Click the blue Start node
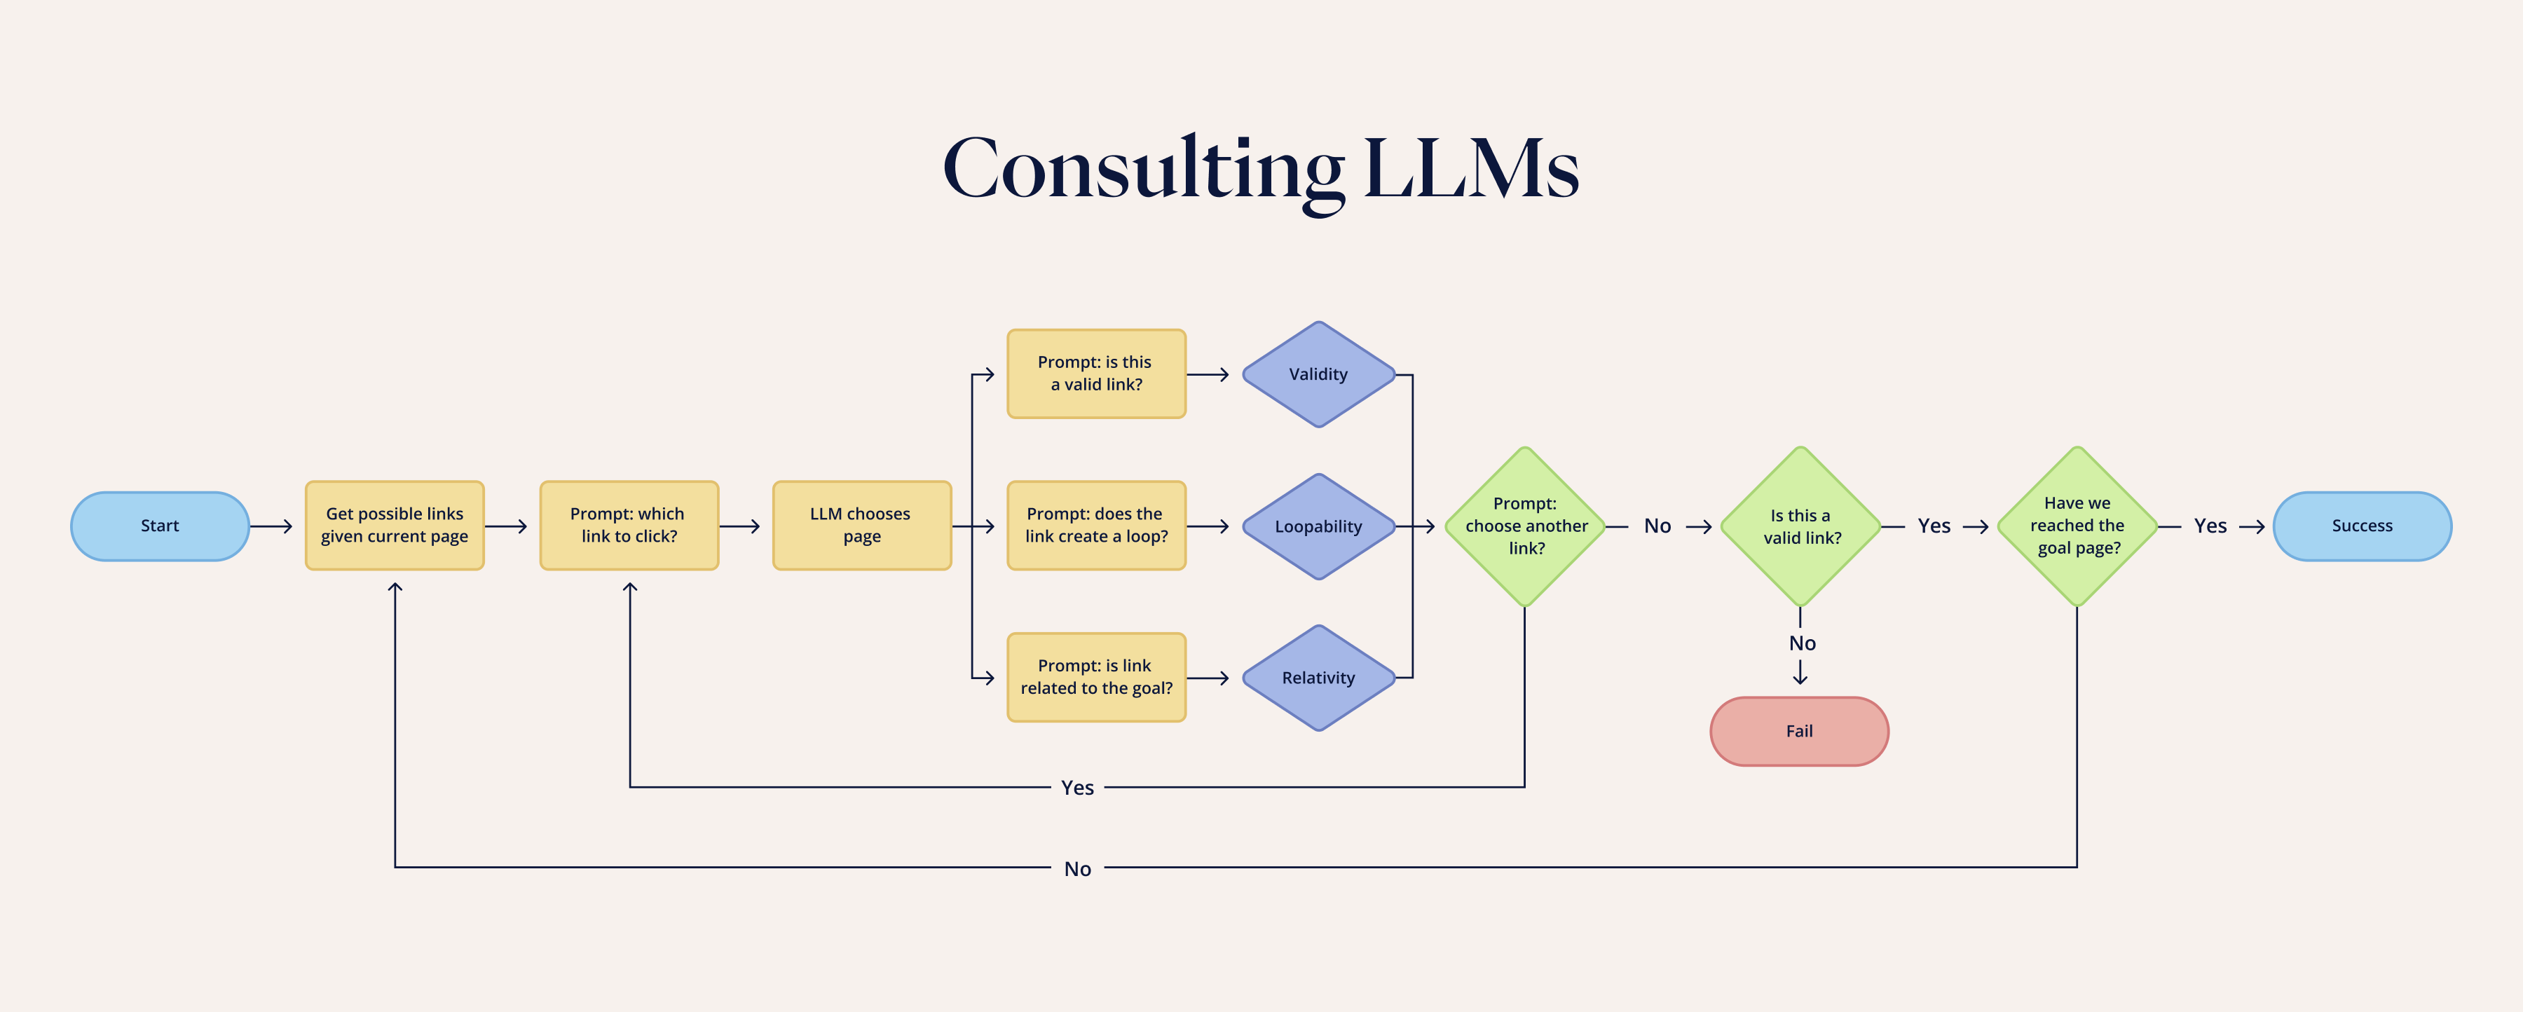160,526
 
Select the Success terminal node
2361,526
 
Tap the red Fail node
1798,731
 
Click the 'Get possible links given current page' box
395,525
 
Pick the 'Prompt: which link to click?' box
629,525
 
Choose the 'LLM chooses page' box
861,525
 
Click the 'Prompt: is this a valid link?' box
1096,374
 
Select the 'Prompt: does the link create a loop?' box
1096,525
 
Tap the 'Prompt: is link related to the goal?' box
1096,677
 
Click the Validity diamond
1318,374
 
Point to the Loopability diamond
1318,526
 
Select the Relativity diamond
1318,678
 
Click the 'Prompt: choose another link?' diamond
1525,526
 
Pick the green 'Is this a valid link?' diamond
1800,526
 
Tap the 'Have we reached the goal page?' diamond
2077,526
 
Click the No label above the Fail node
1801,643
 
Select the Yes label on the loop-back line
1077,788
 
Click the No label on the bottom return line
1077,869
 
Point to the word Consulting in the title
1142,168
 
